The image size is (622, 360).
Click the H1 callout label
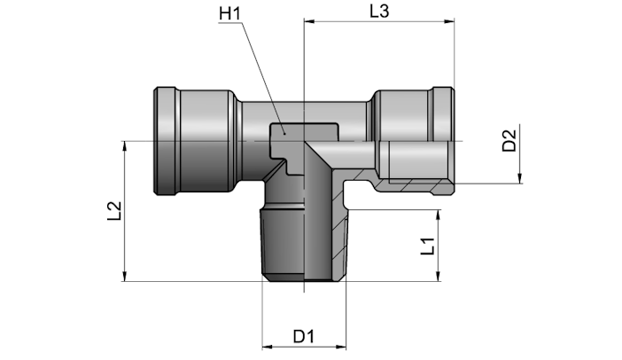230,14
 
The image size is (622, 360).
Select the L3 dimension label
379,12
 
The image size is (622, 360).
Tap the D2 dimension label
509,140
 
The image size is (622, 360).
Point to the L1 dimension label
428,247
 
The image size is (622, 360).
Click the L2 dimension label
114,211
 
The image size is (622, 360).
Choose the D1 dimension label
303,337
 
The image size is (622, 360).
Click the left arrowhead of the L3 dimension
309,21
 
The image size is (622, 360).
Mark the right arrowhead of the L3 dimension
449,21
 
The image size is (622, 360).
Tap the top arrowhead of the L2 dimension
125,146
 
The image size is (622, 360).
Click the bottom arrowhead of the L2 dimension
125,277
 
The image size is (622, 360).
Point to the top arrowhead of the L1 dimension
439,215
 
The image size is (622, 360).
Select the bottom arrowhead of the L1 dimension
439,277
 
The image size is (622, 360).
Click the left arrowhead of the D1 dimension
268,347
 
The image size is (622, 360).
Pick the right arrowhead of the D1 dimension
341,347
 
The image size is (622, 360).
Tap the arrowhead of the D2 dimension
519,178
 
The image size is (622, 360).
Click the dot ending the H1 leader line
284,134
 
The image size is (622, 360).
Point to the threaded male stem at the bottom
303,244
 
